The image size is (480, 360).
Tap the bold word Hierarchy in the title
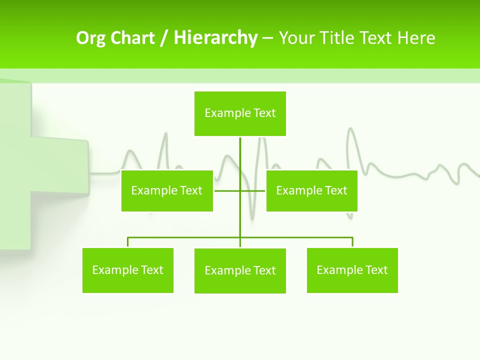(x=215, y=38)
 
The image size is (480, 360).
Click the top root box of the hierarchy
(x=240, y=113)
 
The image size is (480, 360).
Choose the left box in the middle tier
(x=167, y=190)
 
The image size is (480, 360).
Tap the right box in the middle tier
(x=311, y=190)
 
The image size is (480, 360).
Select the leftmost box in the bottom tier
(x=127, y=270)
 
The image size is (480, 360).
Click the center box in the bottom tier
(x=240, y=270)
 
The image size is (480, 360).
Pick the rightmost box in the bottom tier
(x=352, y=270)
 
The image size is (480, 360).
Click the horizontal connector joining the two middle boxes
(x=227, y=190)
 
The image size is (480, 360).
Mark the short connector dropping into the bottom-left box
(x=128, y=242)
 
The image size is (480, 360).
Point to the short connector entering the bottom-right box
(x=352, y=242)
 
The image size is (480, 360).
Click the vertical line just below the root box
(x=240, y=150)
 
